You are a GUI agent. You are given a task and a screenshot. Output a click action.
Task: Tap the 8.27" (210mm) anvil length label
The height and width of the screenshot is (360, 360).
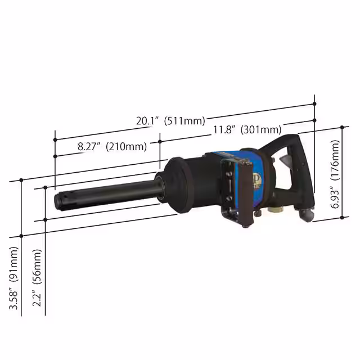pos(112,147)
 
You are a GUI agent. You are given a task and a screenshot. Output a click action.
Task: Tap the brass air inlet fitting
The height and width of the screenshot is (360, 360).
pos(276,209)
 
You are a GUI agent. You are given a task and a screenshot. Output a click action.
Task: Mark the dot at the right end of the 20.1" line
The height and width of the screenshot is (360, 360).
pos(314,103)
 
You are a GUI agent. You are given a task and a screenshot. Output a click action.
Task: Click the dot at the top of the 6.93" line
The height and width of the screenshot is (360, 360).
pos(343,127)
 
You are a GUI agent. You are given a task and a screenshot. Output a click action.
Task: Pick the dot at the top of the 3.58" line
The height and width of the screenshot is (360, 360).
pos(21,180)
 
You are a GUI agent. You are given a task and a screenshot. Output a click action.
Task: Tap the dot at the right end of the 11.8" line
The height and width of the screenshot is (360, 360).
pos(314,120)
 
